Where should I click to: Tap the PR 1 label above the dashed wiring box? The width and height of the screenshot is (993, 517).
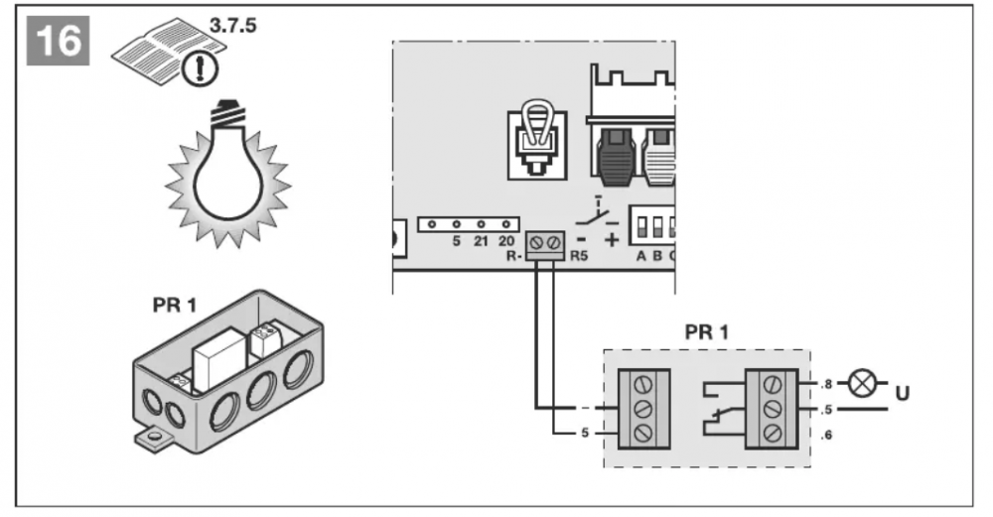(x=706, y=330)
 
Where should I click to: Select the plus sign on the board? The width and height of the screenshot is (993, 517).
(x=612, y=238)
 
